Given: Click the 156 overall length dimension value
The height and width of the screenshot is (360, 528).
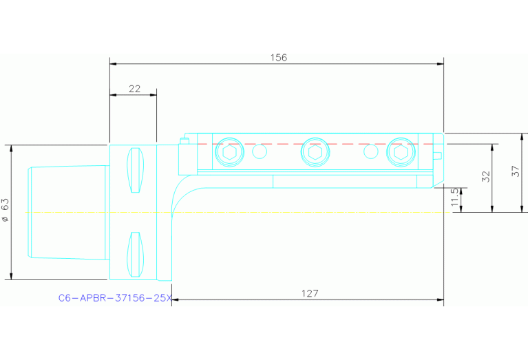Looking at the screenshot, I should (277, 58).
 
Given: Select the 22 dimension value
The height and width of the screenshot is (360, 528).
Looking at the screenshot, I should (134, 89).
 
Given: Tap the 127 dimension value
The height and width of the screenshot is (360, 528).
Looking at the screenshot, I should (310, 293).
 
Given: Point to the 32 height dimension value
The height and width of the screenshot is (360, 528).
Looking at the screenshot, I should (486, 176).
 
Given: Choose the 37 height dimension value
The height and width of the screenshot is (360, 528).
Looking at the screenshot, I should (516, 172).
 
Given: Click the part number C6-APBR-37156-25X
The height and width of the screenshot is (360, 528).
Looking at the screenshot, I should (114, 298).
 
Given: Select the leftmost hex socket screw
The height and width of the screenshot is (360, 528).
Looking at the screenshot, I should (229, 152).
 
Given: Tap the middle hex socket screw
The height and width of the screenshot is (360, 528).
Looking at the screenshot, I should (315, 152).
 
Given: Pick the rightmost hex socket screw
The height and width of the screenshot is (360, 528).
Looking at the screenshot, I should (401, 152).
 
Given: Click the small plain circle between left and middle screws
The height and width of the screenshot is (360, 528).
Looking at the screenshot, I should (260, 151).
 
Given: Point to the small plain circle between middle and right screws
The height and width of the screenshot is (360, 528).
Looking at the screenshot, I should (371, 151).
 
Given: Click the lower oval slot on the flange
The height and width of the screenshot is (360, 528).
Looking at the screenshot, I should (136, 254).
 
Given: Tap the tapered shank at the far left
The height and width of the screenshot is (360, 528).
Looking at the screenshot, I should (65, 212).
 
